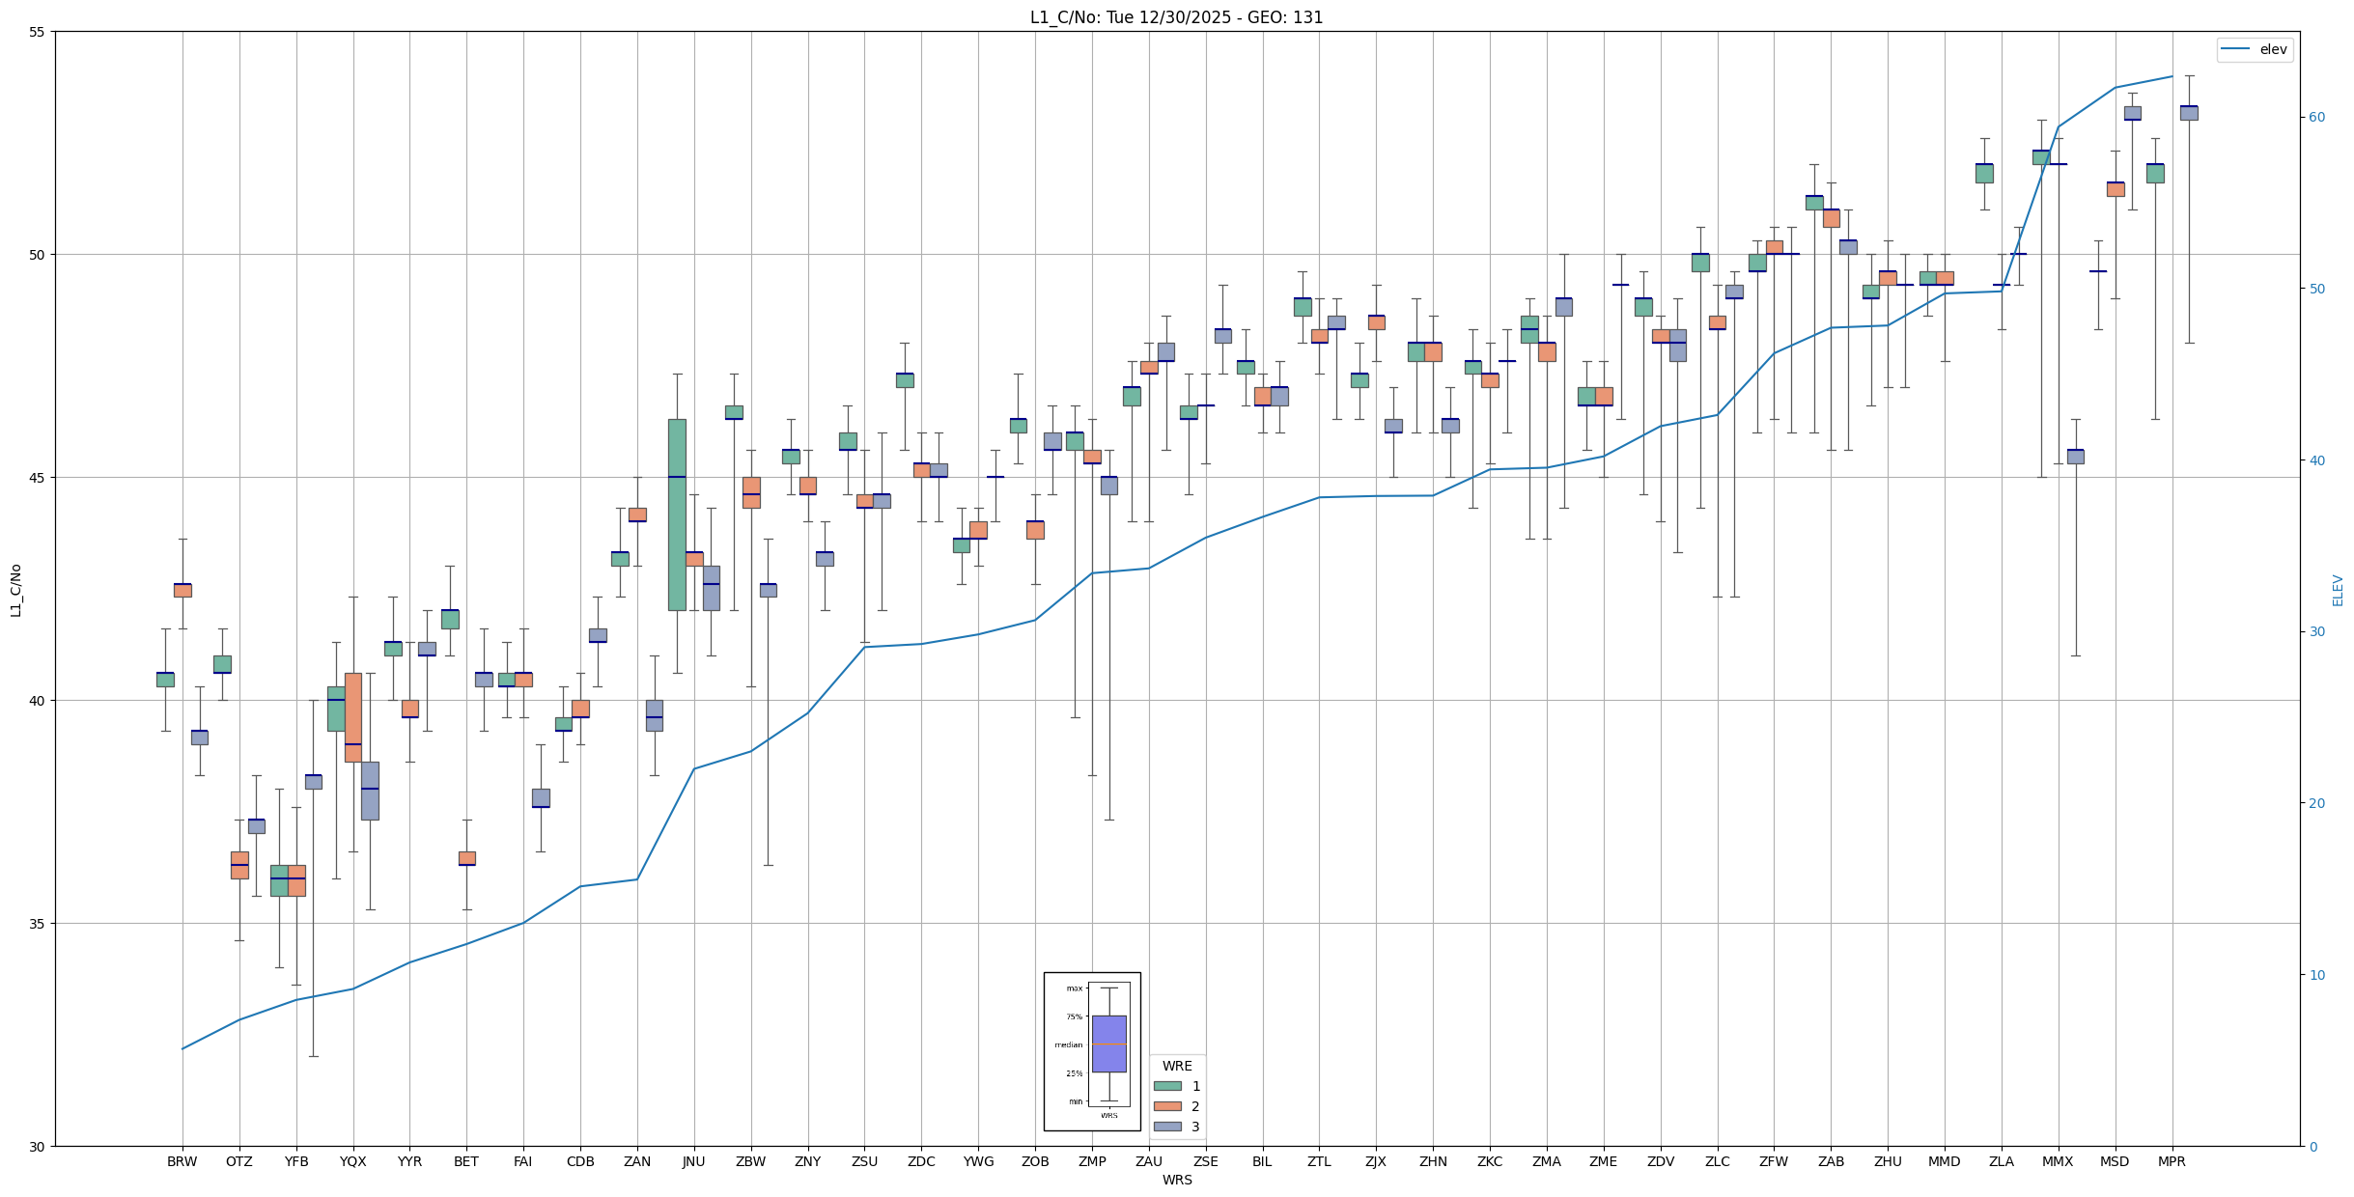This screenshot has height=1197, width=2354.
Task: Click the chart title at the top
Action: coord(1176,17)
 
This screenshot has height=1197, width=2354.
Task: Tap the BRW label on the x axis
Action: coord(182,1161)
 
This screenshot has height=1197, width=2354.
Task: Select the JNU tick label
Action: coord(693,1161)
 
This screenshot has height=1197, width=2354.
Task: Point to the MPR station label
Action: coord(2172,1161)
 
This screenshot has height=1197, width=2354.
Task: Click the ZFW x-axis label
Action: coord(1774,1161)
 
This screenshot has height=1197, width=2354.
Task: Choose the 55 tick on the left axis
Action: coord(39,32)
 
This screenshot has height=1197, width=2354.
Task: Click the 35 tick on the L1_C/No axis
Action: coord(39,924)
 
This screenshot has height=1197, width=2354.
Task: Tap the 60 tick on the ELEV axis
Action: coord(2316,118)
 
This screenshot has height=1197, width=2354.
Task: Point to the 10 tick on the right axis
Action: coord(2316,975)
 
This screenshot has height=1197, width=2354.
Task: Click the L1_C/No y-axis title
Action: coord(15,590)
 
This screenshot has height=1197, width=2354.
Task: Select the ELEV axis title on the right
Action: coord(2338,590)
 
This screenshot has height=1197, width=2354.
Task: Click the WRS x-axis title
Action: coord(1176,1180)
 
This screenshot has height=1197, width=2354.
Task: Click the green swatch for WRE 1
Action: coord(1167,1086)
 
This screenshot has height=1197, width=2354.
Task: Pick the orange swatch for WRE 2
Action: coord(1167,1106)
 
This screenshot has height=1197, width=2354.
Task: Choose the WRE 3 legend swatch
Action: coord(1167,1127)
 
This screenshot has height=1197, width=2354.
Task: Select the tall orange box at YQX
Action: coord(352,716)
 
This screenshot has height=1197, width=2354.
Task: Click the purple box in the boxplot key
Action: coord(1108,1044)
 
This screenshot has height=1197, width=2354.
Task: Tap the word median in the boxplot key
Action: coord(1068,1044)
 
